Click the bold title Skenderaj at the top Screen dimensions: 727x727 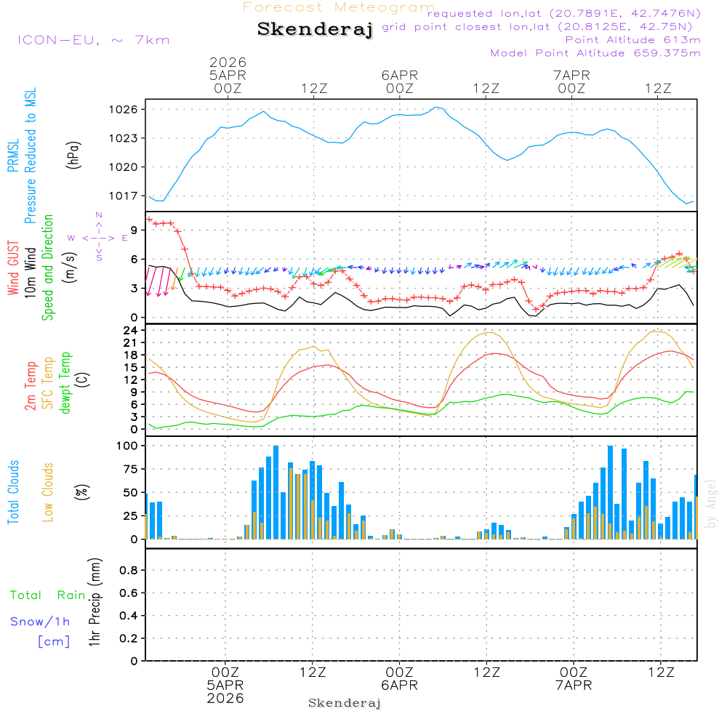pyautogui.click(x=315, y=29)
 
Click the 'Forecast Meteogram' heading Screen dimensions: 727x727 pyautogui.click(x=339, y=7)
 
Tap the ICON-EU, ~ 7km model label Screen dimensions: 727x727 pyautogui.click(x=93, y=40)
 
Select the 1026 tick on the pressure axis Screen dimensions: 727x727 pyautogui.click(x=128, y=109)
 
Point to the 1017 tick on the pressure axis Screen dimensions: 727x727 pyautogui.click(x=128, y=196)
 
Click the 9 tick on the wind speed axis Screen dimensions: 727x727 pyautogui.click(x=134, y=230)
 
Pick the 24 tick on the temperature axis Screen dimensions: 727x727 pyautogui.click(x=131, y=330)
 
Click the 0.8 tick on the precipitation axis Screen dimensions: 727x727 pyautogui.click(x=129, y=570)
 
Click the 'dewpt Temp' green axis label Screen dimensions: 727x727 pyautogui.click(x=65, y=383)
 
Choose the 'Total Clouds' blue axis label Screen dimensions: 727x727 pyautogui.click(x=14, y=492)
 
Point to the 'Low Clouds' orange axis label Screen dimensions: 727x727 pyautogui.click(x=48, y=492)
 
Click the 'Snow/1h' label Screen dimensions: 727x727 pyautogui.click(x=40, y=622)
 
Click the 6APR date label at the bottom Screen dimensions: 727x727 pyautogui.click(x=399, y=685)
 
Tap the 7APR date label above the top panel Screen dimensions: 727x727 pyautogui.click(x=572, y=75)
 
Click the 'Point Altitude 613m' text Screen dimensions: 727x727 pyautogui.click(x=632, y=40)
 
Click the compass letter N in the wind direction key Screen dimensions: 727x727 pyautogui.click(x=99, y=215)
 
